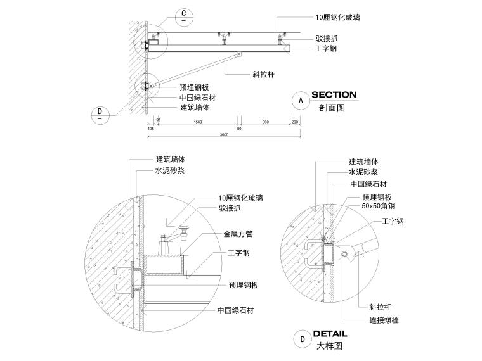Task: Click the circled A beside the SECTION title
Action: pyautogui.click(x=301, y=99)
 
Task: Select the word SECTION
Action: pyautogui.click(x=334, y=95)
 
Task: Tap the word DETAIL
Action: pyautogui.click(x=330, y=333)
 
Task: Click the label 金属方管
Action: pyautogui.click(x=238, y=234)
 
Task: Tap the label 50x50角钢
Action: pyautogui.click(x=378, y=206)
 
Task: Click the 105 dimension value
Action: pyautogui.click(x=150, y=128)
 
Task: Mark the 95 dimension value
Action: pyautogui.click(x=159, y=120)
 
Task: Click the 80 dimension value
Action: pyautogui.click(x=239, y=128)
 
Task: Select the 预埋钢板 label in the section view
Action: pyautogui.click(x=194, y=87)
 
